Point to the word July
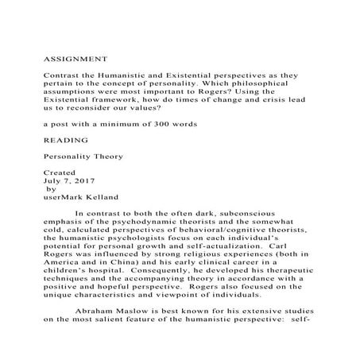point(53,180)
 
